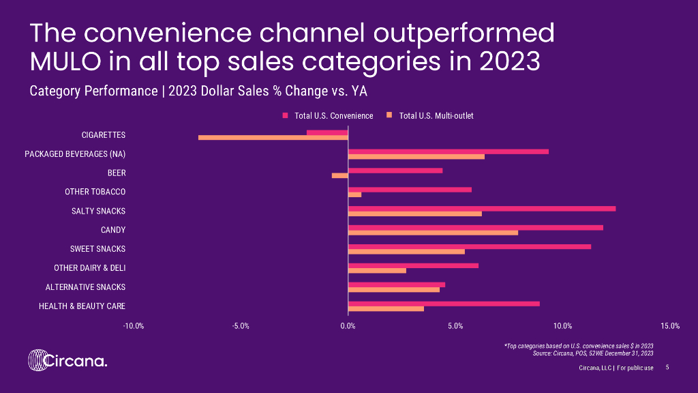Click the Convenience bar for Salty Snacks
481,209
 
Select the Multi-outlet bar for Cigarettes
273,137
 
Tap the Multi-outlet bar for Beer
339,175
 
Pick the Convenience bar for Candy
475,228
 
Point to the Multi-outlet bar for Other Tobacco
354,194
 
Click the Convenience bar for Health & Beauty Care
444,304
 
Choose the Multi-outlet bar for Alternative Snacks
393,289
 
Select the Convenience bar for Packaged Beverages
448,151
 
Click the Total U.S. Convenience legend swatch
286,116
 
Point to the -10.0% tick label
133,325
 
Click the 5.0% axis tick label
455,325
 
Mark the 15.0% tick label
670,325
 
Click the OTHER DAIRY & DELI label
89,268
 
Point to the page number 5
667,368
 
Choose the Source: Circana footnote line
592,353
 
